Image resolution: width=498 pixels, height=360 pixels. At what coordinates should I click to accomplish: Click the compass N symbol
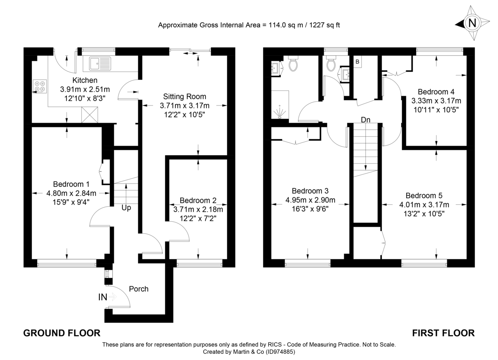472,23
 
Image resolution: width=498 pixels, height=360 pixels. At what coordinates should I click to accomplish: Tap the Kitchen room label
85,80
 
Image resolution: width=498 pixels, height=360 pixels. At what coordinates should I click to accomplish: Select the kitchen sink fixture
100,64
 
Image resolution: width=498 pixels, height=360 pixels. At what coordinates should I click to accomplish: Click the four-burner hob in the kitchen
40,86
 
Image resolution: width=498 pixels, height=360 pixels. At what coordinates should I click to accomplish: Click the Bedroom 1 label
71,184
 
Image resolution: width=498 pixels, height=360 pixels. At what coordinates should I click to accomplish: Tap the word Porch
139,289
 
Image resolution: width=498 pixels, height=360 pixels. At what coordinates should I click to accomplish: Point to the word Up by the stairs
126,208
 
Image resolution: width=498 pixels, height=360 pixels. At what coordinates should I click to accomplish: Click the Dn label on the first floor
365,120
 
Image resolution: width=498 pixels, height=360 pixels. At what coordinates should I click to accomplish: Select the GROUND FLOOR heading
61,333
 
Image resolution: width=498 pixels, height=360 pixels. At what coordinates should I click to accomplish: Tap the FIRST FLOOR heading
443,333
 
